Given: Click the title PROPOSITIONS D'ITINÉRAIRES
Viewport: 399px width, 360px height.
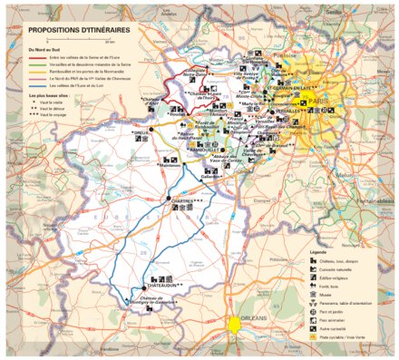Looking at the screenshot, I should coord(79,30).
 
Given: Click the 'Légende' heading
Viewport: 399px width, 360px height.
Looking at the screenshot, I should coord(319,250).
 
